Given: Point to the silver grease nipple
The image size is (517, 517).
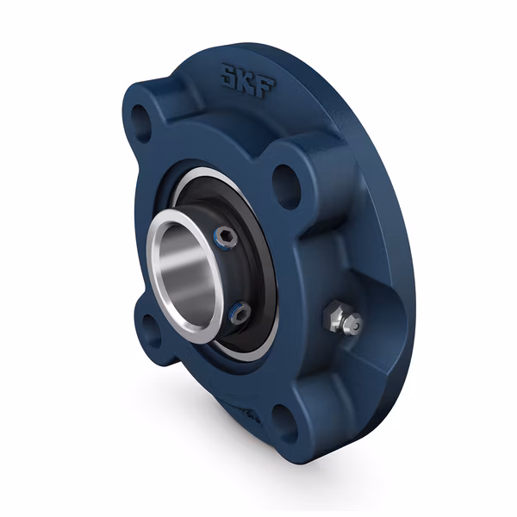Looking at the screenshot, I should coord(342,319).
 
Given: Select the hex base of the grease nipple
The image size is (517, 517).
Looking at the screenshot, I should coord(334,315).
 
